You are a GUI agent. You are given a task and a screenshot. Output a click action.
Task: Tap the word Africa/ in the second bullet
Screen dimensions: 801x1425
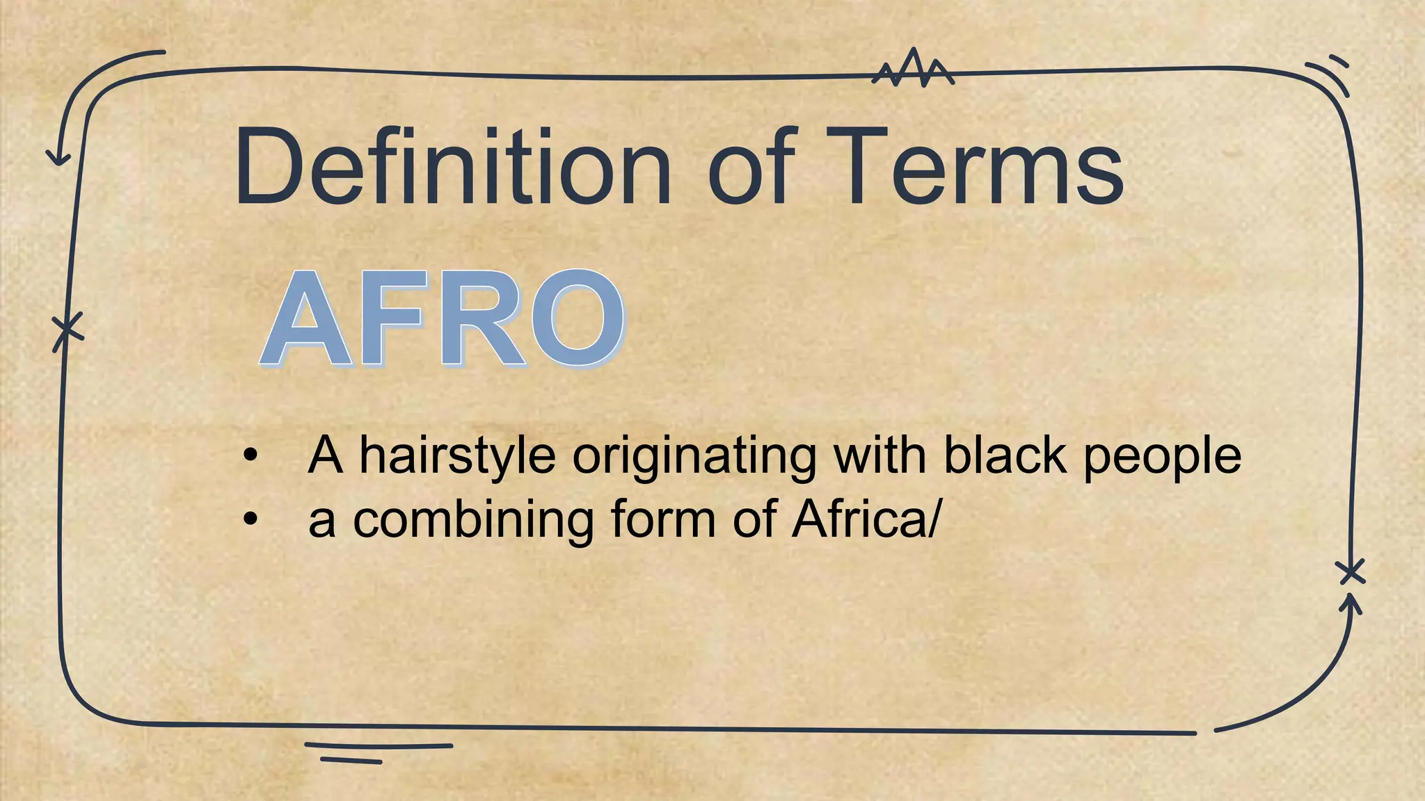click(866, 520)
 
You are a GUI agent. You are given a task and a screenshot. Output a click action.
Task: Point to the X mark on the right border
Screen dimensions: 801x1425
click(1351, 572)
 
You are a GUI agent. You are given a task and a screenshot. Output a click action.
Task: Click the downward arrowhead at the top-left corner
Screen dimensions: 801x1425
click(58, 157)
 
